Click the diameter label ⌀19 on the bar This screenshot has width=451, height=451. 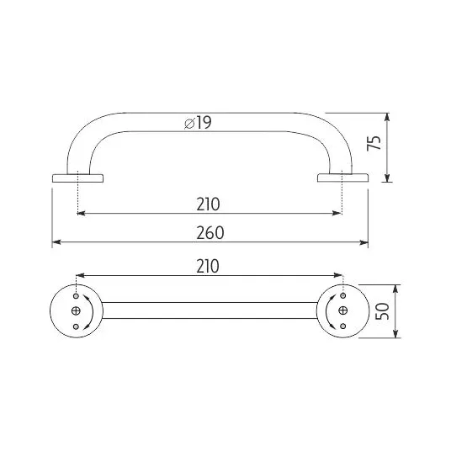click(x=198, y=123)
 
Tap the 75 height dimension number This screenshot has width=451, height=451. click(x=374, y=143)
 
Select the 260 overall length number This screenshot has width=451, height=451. click(x=210, y=233)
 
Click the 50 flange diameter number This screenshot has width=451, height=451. click(x=382, y=311)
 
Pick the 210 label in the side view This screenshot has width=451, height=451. click(x=208, y=204)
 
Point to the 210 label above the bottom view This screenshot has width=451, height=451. click(x=208, y=267)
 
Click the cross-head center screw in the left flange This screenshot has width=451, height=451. click(x=76, y=311)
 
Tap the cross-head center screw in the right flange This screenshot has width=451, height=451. click(x=342, y=310)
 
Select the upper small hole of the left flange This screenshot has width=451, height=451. click(x=77, y=296)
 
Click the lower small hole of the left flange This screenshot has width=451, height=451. click(x=76, y=326)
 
